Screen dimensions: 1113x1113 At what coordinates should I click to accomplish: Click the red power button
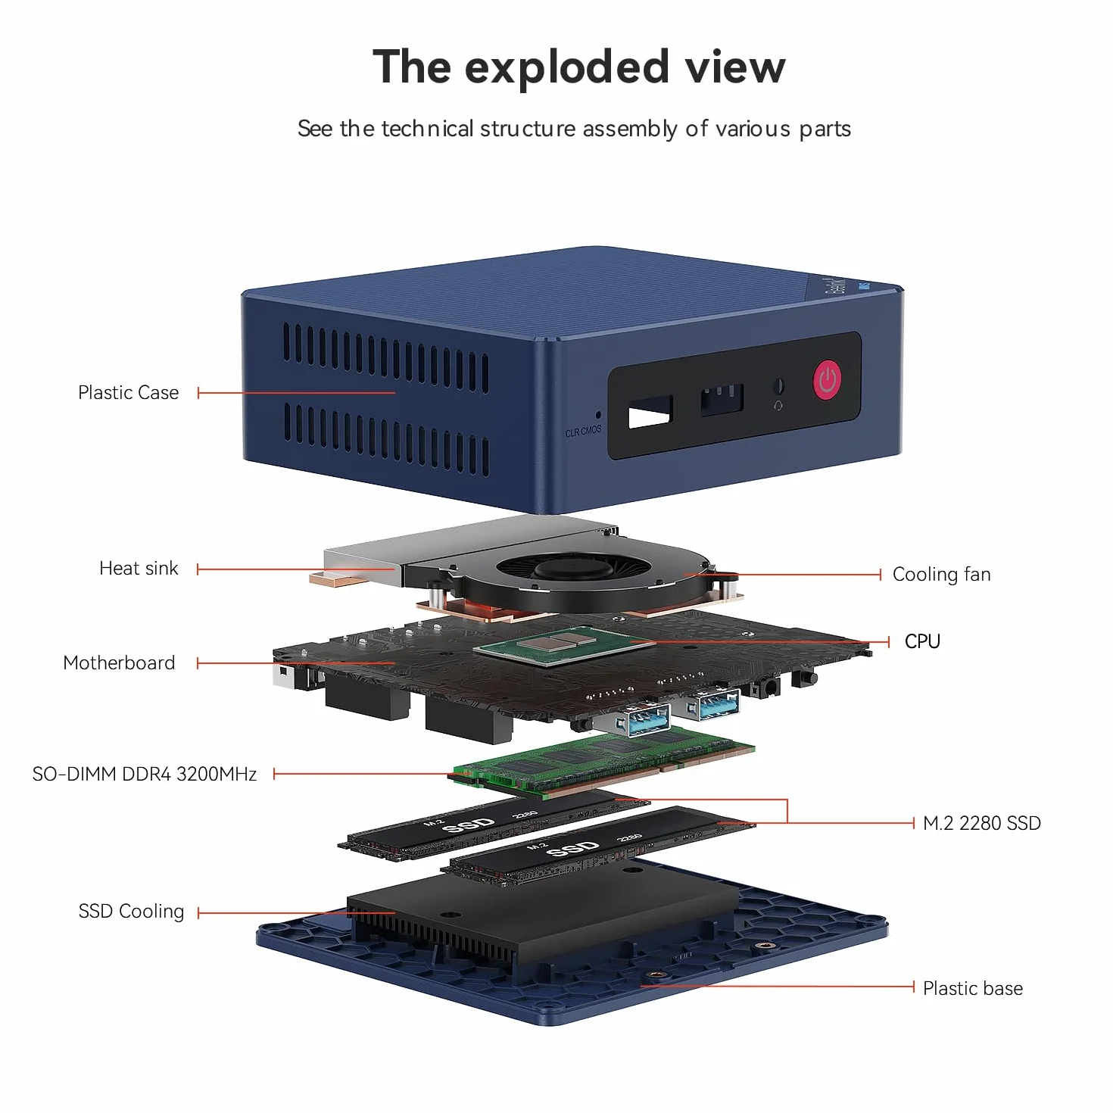pyautogui.click(x=827, y=380)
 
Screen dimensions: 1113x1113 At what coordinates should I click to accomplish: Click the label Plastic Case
pyautogui.click(x=128, y=393)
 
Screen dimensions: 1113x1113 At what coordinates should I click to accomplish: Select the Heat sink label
pyautogui.click(x=139, y=569)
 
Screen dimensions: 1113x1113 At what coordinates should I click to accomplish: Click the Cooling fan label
pyautogui.click(x=941, y=575)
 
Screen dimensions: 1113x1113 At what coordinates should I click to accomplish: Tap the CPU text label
pyautogui.click(x=922, y=641)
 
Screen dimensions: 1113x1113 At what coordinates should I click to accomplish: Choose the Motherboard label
pyautogui.click(x=119, y=662)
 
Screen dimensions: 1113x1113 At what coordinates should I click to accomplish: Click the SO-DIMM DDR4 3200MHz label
pyautogui.click(x=145, y=774)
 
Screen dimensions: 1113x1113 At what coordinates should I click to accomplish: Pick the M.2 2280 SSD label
pyautogui.click(x=982, y=823)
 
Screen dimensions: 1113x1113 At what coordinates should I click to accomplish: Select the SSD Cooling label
pyautogui.click(x=131, y=912)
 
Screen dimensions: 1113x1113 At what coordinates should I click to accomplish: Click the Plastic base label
pyautogui.click(x=973, y=988)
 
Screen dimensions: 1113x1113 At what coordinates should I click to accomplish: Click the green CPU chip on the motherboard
pyautogui.click(x=564, y=645)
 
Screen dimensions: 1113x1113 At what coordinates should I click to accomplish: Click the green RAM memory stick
pyautogui.click(x=600, y=762)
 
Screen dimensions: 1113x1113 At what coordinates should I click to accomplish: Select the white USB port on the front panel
pyautogui.click(x=650, y=412)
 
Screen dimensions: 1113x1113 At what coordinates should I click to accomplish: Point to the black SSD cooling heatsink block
pyautogui.click(x=543, y=918)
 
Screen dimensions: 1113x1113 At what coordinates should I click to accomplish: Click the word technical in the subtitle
pyautogui.click(x=428, y=128)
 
